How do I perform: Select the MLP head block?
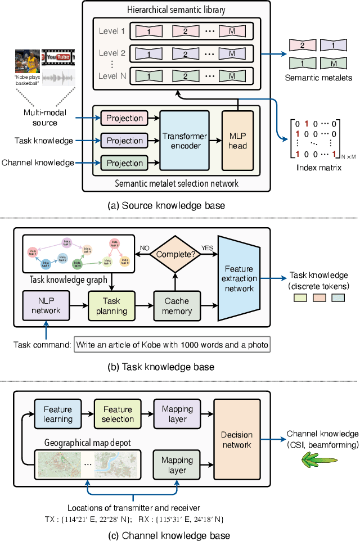(237, 141)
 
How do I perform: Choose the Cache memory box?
(176, 305)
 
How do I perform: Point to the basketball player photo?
(28, 61)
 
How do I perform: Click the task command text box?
(172, 344)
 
